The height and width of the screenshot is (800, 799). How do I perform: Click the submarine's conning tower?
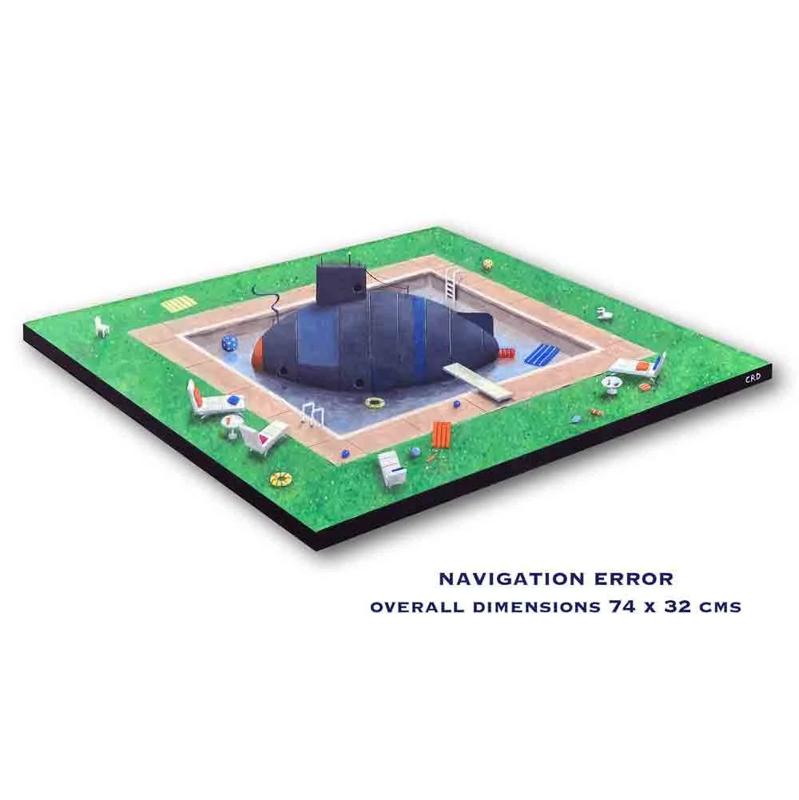click(x=340, y=283)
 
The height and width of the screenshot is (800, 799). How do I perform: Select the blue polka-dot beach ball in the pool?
click(x=229, y=342)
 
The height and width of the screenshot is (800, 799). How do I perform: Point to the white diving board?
click(x=477, y=380)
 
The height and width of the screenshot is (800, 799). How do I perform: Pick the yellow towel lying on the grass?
click(x=179, y=304)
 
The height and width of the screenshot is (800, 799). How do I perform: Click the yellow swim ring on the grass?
click(x=281, y=478)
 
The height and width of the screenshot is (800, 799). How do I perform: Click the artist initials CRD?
click(x=753, y=377)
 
